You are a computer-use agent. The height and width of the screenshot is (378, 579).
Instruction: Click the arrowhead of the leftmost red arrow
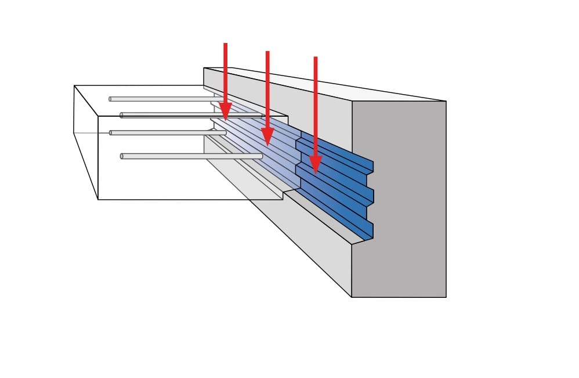click(225, 111)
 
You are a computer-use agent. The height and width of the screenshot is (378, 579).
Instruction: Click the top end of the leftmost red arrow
click(225, 44)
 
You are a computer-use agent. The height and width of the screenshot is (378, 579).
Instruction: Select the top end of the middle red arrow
click(267, 52)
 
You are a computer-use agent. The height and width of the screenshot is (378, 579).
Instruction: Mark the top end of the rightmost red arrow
click(315, 57)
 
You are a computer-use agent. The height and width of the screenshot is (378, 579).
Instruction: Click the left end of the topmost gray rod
click(110, 99)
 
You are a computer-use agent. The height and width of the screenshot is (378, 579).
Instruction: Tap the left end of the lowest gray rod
click(122, 156)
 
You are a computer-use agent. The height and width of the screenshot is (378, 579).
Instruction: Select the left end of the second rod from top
click(122, 115)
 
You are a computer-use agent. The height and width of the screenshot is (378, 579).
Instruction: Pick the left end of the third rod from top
click(110, 133)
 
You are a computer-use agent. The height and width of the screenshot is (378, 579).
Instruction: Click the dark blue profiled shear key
click(336, 186)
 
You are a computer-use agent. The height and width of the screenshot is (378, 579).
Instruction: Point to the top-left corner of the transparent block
click(74, 86)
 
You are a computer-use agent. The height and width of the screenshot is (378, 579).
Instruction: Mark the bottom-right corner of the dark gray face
click(446, 297)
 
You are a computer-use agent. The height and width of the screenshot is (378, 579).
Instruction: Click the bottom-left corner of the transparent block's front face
click(98, 199)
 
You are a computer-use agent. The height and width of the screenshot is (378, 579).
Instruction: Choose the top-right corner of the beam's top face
click(446, 101)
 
